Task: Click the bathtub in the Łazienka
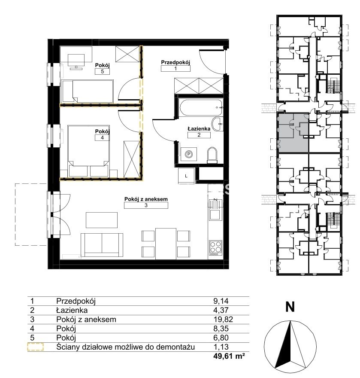pyautogui.click(x=201, y=107)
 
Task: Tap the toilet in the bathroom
pyautogui.click(x=212, y=154)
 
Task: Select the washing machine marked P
pyautogui.click(x=189, y=154)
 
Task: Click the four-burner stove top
pyautogui.click(x=215, y=247)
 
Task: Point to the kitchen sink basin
pyautogui.click(x=215, y=214)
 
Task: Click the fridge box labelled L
pyautogui.click(x=186, y=176)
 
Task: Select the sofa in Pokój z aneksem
pyautogui.click(x=102, y=245)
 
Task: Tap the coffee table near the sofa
pyautogui.click(x=102, y=220)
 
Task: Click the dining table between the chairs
pyautogui.click(x=166, y=244)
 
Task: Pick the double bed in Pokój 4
pyautogui.click(x=89, y=151)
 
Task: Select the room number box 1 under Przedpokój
pyautogui.click(x=175, y=68)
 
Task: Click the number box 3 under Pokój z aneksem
pyautogui.click(x=146, y=205)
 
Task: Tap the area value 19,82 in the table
pyautogui.click(x=223, y=320)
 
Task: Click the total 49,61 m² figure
pyautogui.click(x=229, y=356)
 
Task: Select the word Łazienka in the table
pyautogui.click(x=72, y=310)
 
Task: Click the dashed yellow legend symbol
pyautogui.click(x=35, y=347)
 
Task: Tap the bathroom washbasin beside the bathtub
pyautogui.click(x=218, y=124)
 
